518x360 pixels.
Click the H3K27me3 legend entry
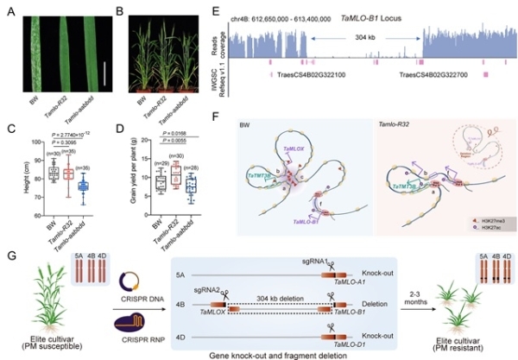(x=490, y=211)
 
